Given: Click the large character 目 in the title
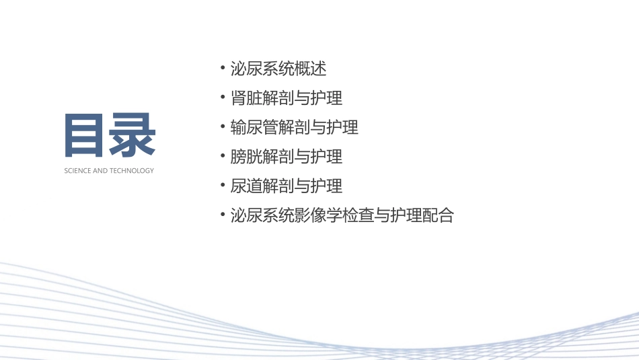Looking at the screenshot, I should click(86, 135).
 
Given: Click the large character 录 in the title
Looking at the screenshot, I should click(133, 135).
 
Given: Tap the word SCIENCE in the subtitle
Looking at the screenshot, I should click(77, 171).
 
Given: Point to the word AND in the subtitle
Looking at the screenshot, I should click(99, 171).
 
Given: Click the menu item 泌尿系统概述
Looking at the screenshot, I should click(278, 69).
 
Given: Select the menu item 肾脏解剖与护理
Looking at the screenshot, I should click(287, 98).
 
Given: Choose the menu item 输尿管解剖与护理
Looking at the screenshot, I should click(294, 127).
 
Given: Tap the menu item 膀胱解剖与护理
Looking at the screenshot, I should click(287, 157).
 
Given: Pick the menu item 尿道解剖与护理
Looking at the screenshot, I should click(287, 186).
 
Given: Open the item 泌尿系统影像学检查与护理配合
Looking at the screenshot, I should click(342, 215).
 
